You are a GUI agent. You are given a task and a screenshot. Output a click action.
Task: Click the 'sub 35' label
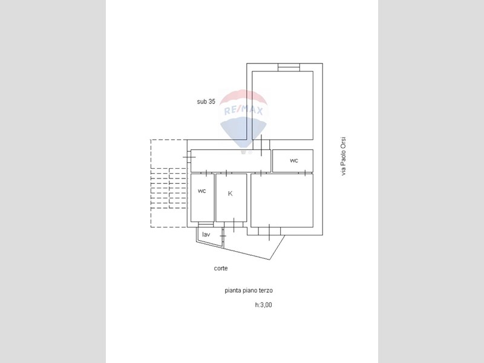tap(206, 101)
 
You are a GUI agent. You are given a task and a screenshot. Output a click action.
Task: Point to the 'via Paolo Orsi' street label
tap(343, 157)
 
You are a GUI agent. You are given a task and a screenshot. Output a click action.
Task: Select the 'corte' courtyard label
tap(221, 268)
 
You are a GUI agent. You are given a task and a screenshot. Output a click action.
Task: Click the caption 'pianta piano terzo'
tap(249, 290)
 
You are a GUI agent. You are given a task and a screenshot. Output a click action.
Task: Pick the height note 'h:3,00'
tap(263, 305)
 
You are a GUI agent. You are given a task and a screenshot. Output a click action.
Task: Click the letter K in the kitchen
tap(230, 194)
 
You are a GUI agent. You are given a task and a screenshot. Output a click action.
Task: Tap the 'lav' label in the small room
tap(206, 235)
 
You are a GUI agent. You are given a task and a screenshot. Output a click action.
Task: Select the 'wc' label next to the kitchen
tap(202, 191)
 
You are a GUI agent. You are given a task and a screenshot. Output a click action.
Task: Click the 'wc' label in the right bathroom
tap(294, 160)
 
